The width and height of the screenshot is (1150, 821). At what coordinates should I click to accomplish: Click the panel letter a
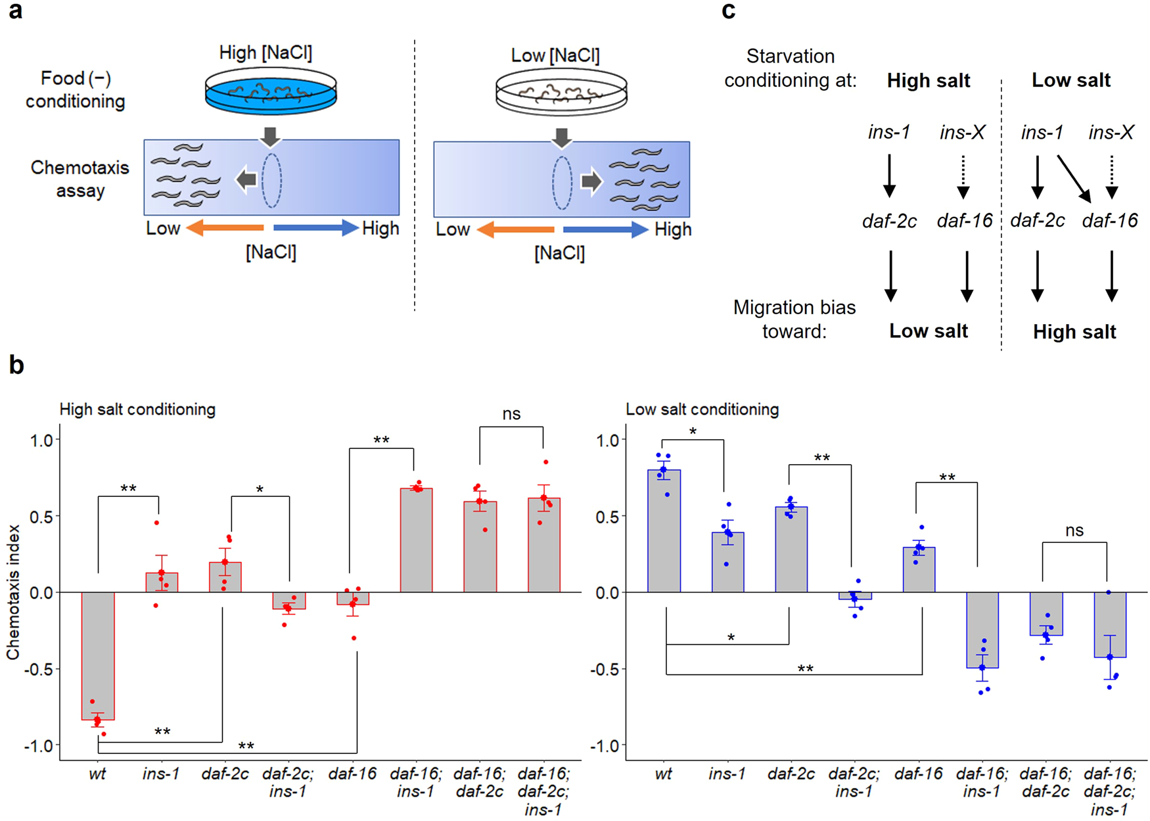click(x=14, y=11)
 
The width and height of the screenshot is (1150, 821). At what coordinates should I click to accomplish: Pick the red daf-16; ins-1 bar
click(x=416, y=540)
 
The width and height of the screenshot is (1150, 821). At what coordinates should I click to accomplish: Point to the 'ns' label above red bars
click(x=511, y=414)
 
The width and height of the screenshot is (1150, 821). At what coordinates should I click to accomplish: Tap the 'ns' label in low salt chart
click(x=1074, y=530)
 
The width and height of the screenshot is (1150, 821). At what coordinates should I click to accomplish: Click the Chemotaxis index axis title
click(x=13, y=592)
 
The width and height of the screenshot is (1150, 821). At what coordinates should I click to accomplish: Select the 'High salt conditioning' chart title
click(x=137, y=410)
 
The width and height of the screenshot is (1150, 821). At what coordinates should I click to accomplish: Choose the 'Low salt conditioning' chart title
click(x=702, y=410)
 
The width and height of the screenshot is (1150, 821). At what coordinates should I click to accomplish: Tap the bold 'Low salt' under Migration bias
click(x=928, y=331)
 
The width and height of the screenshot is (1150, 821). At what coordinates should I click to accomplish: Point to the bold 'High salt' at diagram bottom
click(x=1074, y=332)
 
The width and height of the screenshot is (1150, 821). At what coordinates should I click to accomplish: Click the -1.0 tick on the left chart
click(x=41, y=745)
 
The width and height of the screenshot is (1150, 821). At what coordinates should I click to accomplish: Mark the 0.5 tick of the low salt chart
click(x=607, y=517)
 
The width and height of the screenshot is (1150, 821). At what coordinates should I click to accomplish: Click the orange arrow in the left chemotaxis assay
click(x=225, y=228)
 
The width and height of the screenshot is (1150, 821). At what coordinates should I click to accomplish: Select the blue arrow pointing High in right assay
click(x=605, y=229)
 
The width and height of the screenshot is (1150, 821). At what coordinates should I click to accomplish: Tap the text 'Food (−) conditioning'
click(x=76, y=89)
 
